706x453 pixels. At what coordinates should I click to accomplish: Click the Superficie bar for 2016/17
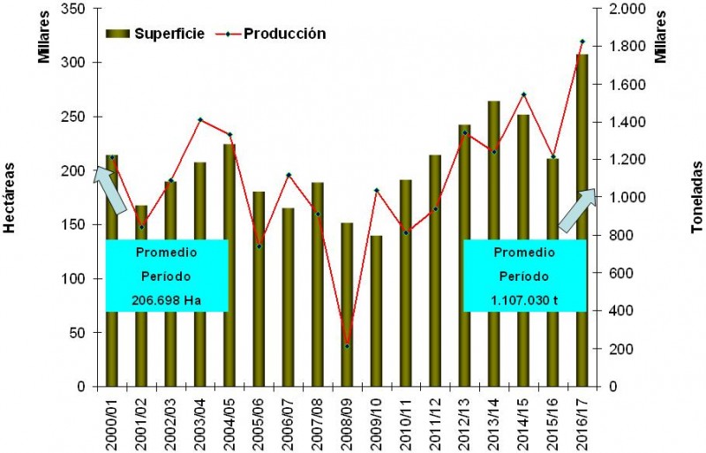[582, 221]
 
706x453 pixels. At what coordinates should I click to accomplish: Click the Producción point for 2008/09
[347, 346]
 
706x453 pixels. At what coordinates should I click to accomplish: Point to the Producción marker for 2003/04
[199, 119]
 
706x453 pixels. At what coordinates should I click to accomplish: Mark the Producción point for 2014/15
[523, 94]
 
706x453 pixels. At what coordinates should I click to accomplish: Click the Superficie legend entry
[155, 34]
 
